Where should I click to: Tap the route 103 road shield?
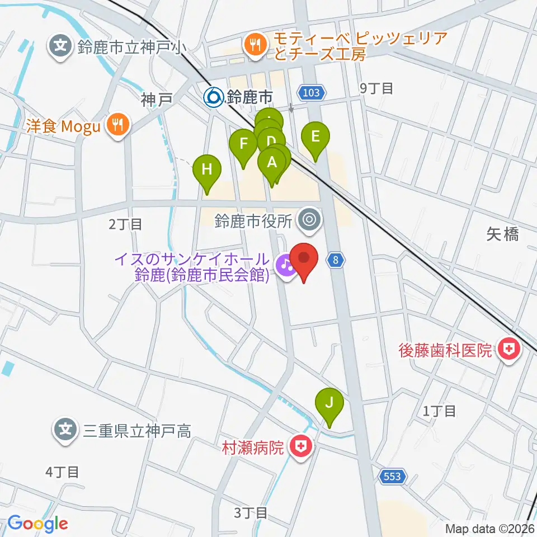click(x=311, y=92)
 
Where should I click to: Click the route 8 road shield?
click(x=335, y=260)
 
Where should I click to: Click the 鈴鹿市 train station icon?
click(x=213, y=98)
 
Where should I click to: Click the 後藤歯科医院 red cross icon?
click(x=509, y=351)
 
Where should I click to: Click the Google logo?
click(x=37, y=524)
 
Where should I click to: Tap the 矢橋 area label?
click(x=502, y=234)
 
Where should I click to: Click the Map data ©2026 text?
click(x=489, y=528)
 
